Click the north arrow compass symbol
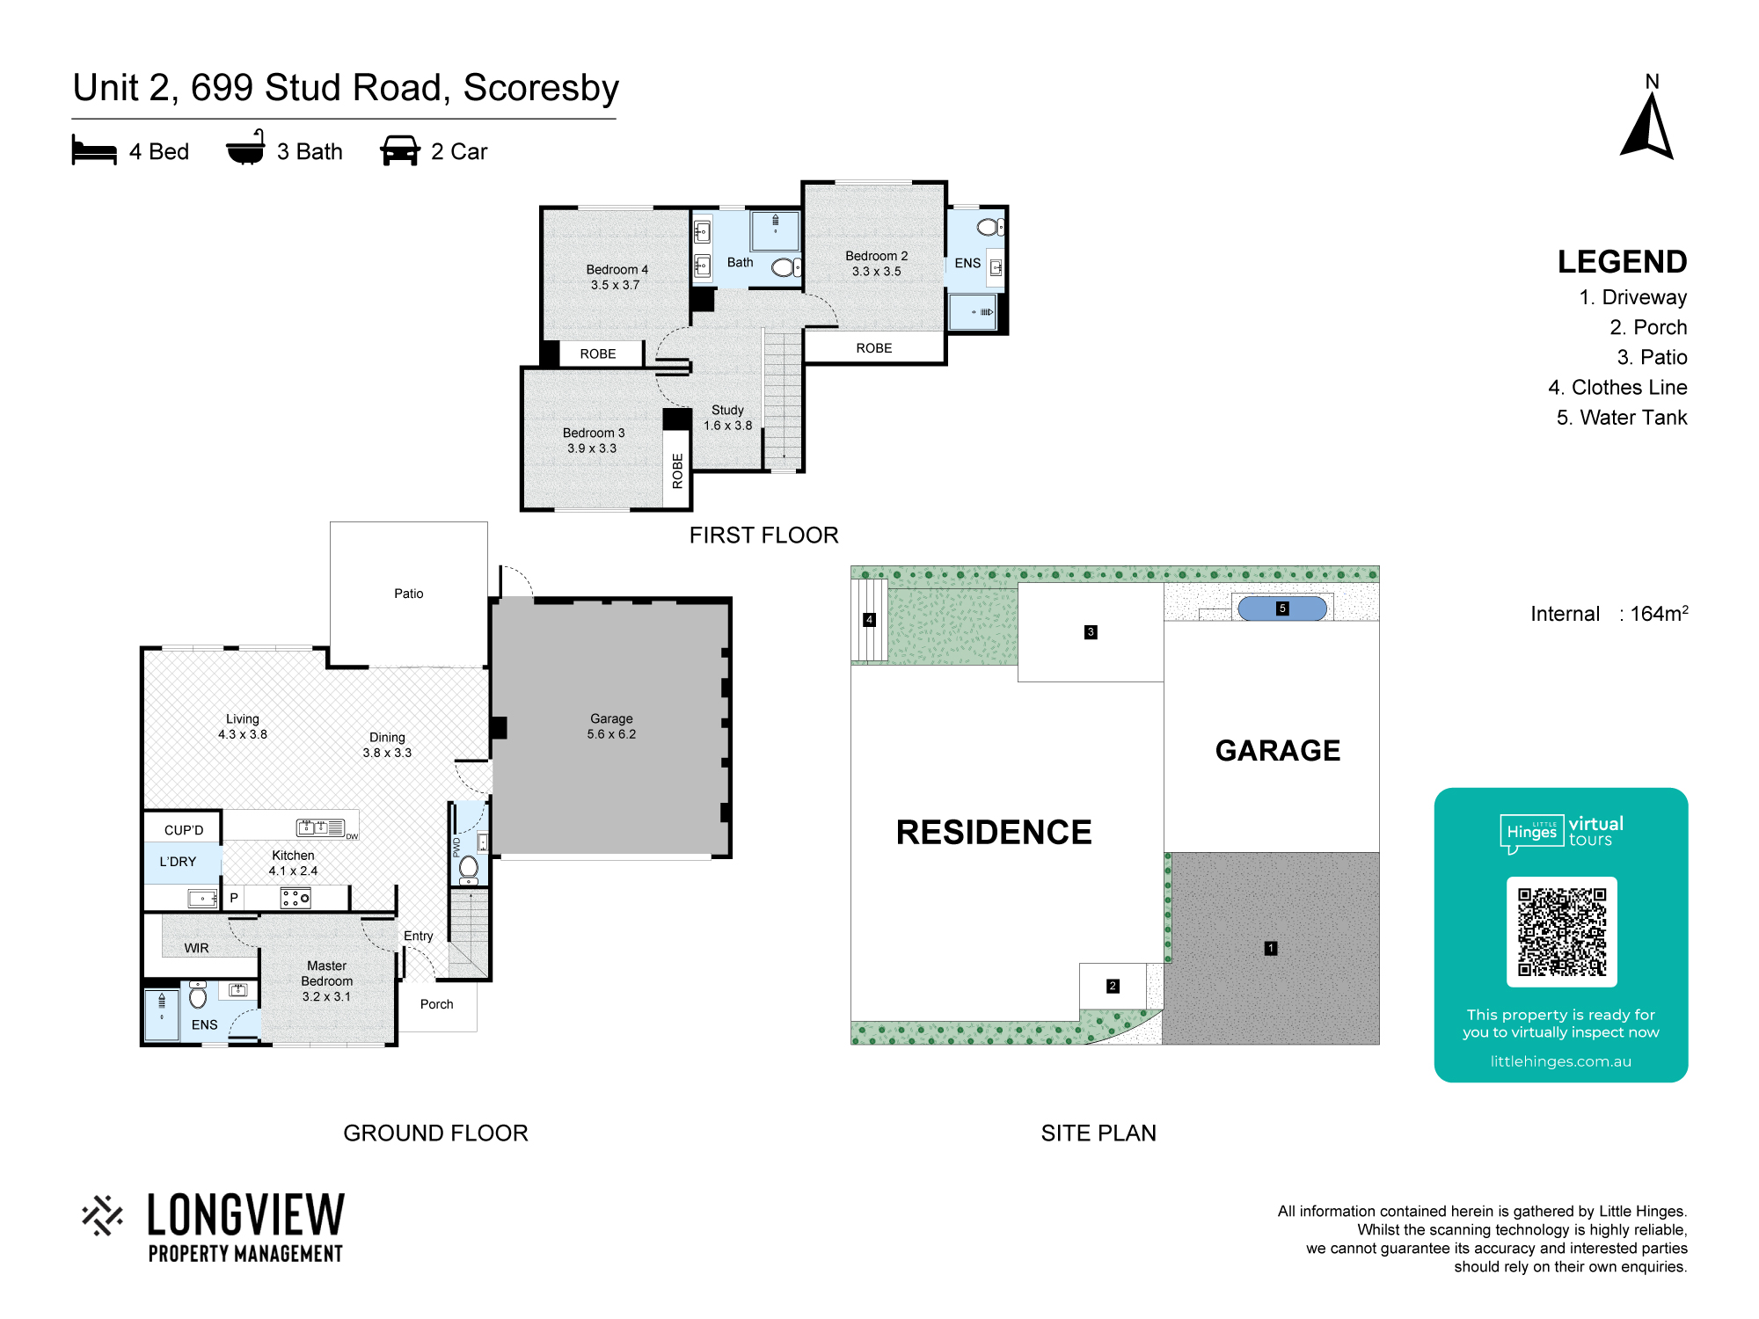(1647, 128)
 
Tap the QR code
(1561, 932)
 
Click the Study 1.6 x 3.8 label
(727, 418)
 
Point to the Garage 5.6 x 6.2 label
(611, 726)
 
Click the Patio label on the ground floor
(408, 594)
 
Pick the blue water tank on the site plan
(1282, 608)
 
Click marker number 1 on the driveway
(1270, 948)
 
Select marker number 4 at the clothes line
(869, 620)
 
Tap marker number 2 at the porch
(1113, 986)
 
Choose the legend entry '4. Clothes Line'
(1617, 388)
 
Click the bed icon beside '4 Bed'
(94, 150)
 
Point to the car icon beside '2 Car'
(399, 150)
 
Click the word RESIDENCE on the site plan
(994, 832)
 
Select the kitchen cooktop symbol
(296, 898)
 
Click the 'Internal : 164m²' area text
(1609, 613)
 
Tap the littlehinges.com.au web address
(1560, 1061)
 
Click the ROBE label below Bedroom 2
(874, 348)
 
